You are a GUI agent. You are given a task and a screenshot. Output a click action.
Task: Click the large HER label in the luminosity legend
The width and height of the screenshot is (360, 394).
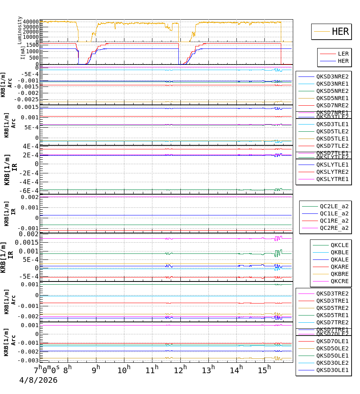coord(340,32)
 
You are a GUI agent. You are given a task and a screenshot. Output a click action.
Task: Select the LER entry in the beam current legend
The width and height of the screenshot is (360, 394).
coord(343,54)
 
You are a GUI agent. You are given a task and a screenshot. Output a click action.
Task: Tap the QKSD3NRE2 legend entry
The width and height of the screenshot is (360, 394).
coord(332,76)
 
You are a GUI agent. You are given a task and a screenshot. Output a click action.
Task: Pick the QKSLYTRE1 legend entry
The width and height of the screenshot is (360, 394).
coord(332,179)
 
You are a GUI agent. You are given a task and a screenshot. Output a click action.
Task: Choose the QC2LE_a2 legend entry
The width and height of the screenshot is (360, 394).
coord(334,206)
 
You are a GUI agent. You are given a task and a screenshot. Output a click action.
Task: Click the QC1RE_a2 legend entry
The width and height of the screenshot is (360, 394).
coord(334,221)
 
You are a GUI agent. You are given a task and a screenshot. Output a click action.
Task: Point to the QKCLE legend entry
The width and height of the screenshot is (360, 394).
coord(339,245)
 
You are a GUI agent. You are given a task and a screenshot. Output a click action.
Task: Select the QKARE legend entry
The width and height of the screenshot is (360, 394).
coord(339,267)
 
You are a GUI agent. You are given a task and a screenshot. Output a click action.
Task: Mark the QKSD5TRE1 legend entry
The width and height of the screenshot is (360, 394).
coord(332,315)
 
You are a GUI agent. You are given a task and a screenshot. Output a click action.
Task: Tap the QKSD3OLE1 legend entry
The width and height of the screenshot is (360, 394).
coord(332,370)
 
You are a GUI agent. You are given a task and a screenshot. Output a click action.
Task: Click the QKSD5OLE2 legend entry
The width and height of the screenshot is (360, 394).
coord(332,348)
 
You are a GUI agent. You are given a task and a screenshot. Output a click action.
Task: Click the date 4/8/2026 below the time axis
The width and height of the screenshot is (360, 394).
coord(38,380)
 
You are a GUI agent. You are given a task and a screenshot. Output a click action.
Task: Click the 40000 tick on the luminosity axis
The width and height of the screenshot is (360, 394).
coord(31,22)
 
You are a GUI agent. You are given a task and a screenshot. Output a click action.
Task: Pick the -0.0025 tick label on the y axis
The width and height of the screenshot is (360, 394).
coord(27,99)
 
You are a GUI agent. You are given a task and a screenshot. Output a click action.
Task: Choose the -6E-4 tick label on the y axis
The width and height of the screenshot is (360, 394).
coord(30,191)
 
